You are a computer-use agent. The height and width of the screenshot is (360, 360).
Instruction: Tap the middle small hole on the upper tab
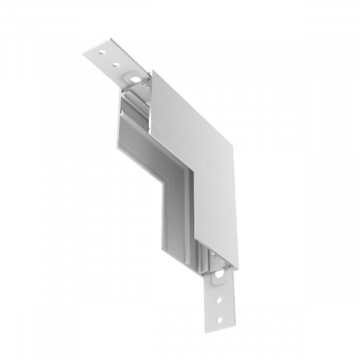tap(116, 62)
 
